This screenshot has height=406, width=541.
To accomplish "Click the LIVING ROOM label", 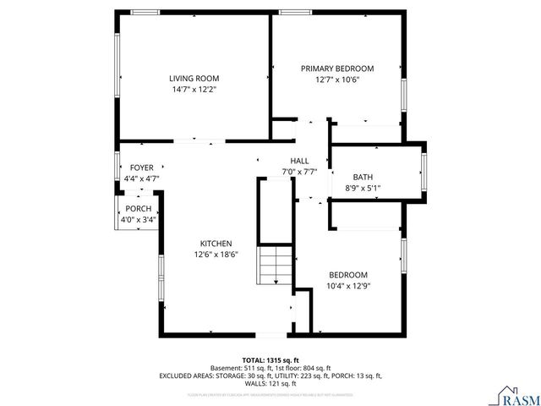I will click(x=194, y=78).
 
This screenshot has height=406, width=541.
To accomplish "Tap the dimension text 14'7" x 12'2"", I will click(x=194, y=89).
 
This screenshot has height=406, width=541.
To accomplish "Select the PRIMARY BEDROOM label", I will click(x=337, y=69).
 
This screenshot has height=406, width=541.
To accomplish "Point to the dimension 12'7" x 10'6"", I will click(x=337, y=80).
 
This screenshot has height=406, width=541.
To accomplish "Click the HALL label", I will click(x=299, y=161).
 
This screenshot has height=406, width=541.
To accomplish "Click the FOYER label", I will click(x=141, y=167).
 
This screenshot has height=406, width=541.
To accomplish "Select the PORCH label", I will click(x=138, y=209).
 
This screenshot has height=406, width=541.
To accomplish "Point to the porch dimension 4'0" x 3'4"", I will click(x=138, y=220).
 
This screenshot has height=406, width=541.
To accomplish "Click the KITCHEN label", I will click(x=216, y=243).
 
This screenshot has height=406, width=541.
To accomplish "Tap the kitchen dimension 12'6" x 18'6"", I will click(x=216, y=254).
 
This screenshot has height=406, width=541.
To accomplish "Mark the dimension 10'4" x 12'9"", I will click(x=347, y=286).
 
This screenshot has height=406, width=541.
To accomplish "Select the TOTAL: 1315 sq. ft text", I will click(x=270, y=359).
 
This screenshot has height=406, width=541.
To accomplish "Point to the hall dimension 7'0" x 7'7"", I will click(x=299, y=172).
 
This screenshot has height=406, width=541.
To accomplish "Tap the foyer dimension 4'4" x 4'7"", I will click(x=141, y=178).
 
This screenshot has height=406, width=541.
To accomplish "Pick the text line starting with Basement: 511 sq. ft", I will click(x=270, y=368).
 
